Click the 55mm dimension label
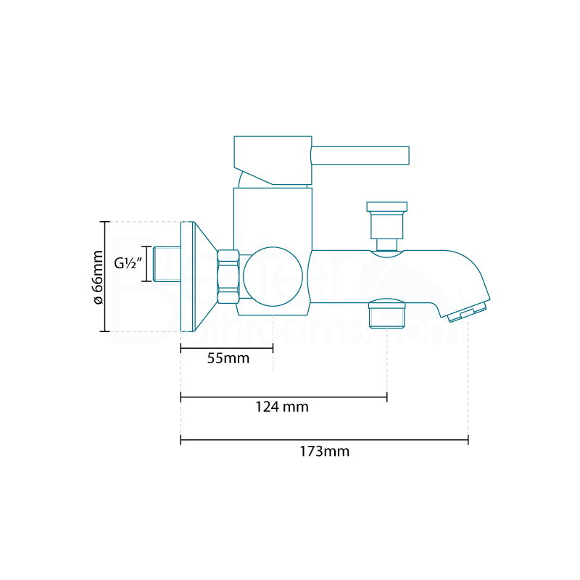tap(228, 359)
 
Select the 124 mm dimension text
tap(282, 407)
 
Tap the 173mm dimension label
tap(324, 451)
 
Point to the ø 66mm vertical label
tap(98, 276)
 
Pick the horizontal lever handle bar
tap(360, 155)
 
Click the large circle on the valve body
tap(273, 276)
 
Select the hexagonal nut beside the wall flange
tap(228, 276)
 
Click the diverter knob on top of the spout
tap(386, 222)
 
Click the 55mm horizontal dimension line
tap(227, 349)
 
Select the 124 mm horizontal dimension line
tap(283, 397)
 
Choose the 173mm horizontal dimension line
tap(324, 439)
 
